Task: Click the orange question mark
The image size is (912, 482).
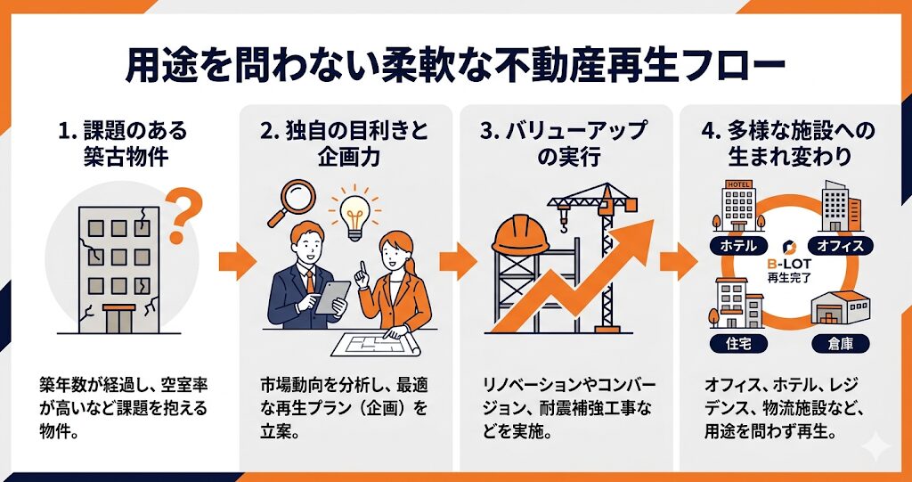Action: (183, 216)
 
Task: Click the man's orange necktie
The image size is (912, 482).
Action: (310, 282)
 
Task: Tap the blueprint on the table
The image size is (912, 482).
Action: (376, 343)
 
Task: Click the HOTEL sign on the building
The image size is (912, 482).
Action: (738, 184)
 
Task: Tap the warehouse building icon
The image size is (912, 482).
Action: (841, 307)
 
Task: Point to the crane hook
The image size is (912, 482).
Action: (564, 223)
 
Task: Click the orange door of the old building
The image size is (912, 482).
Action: (118, 318)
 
